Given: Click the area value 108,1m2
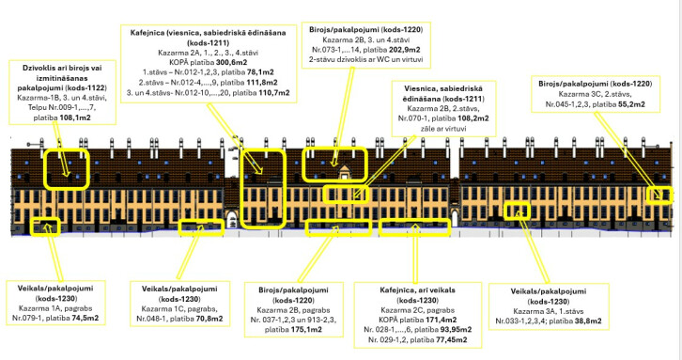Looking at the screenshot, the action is [75, 117].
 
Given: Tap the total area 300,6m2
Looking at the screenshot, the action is [232, 62].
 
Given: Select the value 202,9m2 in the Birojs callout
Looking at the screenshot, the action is [405, 50].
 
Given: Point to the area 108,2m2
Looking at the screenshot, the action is [473, 118].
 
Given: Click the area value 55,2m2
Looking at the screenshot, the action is [631, 104].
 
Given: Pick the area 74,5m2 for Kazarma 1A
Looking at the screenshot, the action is [85, 319].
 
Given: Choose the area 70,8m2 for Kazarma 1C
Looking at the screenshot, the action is [209, 319].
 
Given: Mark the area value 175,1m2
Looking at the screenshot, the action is [306, 330].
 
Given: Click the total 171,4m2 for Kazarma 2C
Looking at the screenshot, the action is [441, 321].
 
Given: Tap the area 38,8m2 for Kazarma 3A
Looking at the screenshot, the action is [588, 321].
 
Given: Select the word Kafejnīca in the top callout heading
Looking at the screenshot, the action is [147, 33].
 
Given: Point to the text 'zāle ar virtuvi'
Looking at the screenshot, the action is [443, 129].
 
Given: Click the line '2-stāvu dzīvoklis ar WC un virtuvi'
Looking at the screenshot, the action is [365, 59].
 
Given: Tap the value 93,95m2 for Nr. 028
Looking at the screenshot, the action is [455, 330].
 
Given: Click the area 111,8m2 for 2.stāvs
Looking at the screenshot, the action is [261, 83].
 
